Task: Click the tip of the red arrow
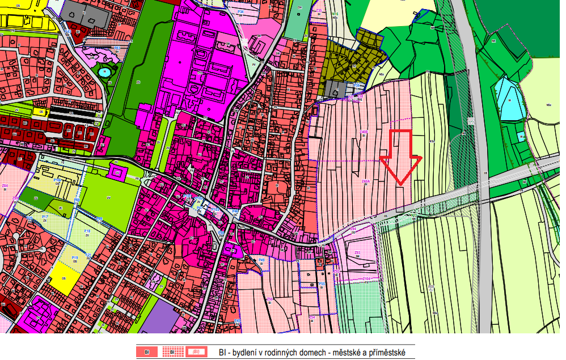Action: pos(400,185)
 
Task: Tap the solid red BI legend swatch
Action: pos(146,352)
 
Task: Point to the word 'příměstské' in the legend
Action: pos(386,353)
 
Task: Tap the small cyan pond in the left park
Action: pos(104,72)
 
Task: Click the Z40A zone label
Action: pos(366,182)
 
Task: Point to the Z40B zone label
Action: pos(364,133)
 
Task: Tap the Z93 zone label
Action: pos(357,253)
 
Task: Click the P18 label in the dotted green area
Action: pos(87,231)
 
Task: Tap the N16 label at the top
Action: pos(335,13)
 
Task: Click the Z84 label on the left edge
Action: pos(5,186)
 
